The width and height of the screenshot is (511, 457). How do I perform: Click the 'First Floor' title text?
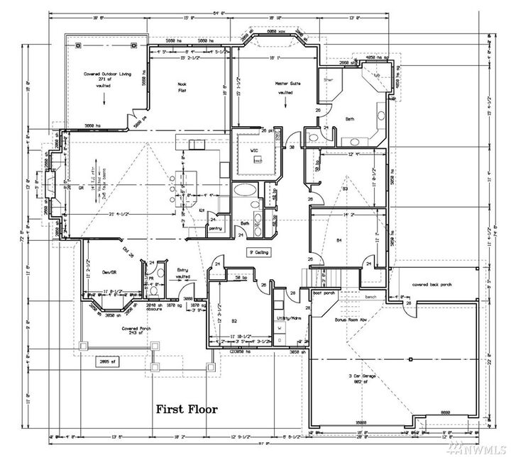tap(187, 410)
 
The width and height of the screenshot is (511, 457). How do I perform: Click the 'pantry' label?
tap(214, 229)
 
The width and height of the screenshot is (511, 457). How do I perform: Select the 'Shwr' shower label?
tap(328, 80)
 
